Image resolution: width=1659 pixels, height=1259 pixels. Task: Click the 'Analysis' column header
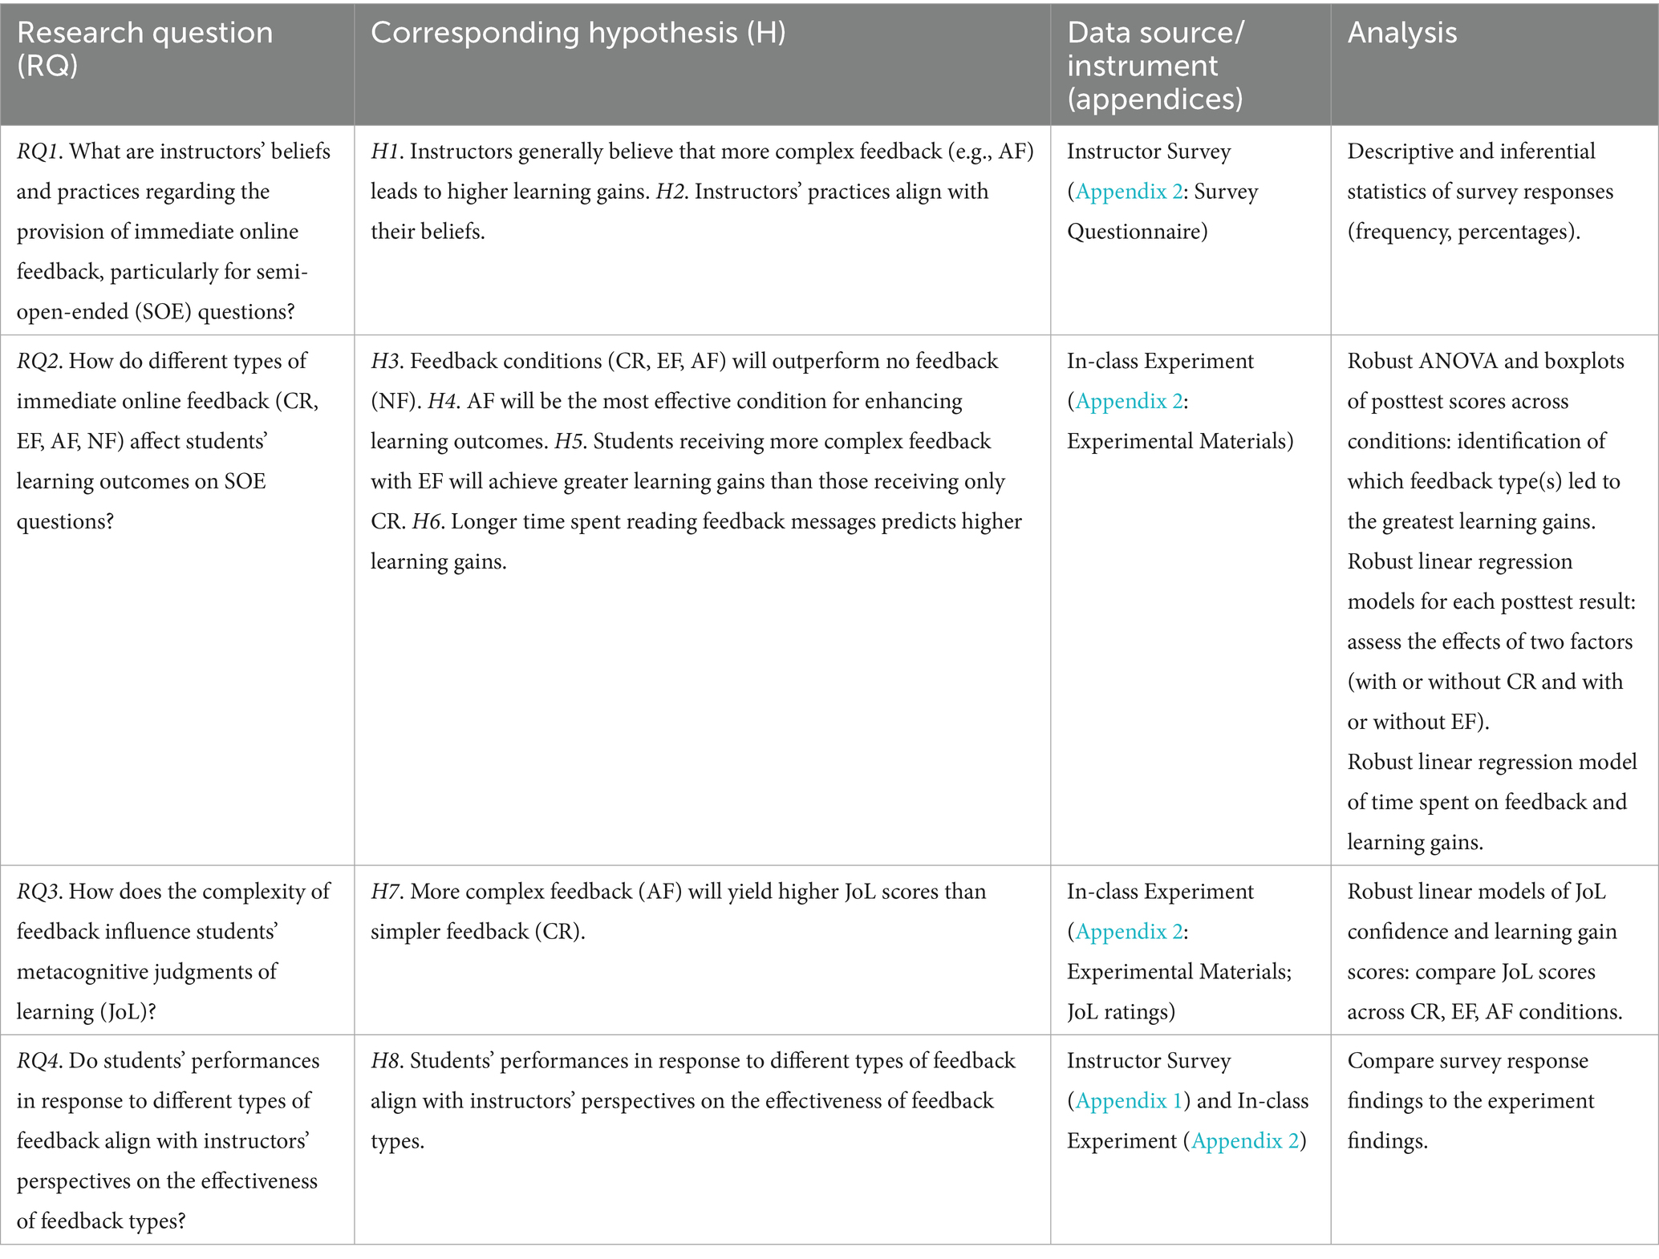[1401, 33]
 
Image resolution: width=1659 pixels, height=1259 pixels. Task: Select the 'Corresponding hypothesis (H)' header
[578, 33]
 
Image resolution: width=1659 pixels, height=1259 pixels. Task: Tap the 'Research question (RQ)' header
[144, 48]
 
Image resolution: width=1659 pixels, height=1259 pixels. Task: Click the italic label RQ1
[39, 152]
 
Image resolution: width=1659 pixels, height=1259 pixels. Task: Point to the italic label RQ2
[39, 361]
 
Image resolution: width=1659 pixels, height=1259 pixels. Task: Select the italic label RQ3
[39, 892]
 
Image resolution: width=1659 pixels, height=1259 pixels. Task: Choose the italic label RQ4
[39, 1061]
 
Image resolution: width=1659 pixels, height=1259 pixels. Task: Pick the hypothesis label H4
[441, 401]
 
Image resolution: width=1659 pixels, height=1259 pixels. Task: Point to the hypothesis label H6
[426, 522]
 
